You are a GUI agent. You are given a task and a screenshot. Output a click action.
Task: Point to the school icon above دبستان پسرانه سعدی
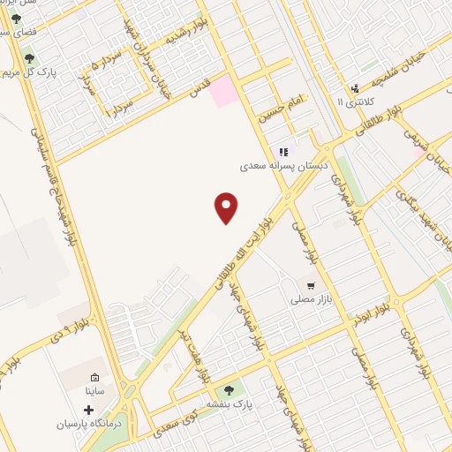coord(283,152)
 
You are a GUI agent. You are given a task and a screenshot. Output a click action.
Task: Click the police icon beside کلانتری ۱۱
coord(355,88)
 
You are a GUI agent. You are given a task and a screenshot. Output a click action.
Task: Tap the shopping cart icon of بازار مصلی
coord(311,284)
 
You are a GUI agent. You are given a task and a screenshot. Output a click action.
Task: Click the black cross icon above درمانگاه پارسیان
coord(88,411)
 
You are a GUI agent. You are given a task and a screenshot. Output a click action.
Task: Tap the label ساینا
coord(94,389)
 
